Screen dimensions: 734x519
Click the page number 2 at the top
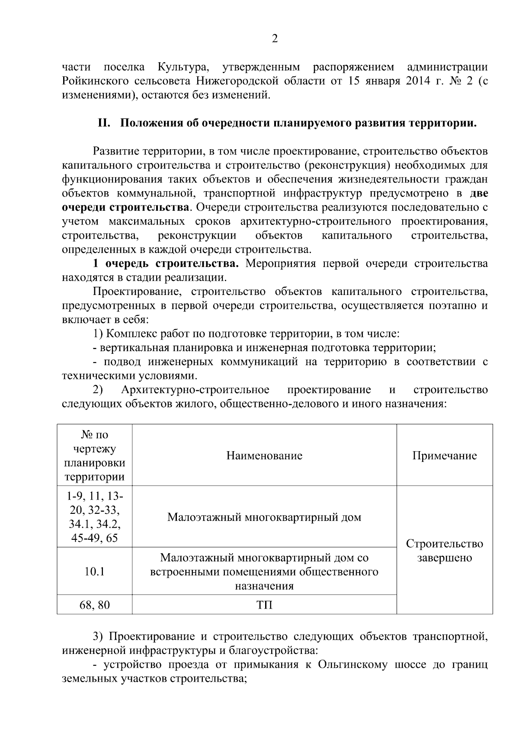pos(275,39)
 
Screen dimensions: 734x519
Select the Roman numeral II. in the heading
pos(105,123)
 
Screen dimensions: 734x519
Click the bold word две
pos(479,193)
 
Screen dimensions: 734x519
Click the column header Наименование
pos(264,455)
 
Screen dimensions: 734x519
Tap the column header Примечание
pos(445,455)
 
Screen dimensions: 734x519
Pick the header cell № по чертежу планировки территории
pos(95,455)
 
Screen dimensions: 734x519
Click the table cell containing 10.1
pos(95,571)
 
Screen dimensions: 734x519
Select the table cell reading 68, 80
pos(95,605)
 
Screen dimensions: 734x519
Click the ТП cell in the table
pos(264,605)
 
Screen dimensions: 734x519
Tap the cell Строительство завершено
pos(445,551)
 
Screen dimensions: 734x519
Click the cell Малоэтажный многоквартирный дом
pos(264,517)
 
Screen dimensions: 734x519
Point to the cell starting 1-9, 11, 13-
pos(95,517)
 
